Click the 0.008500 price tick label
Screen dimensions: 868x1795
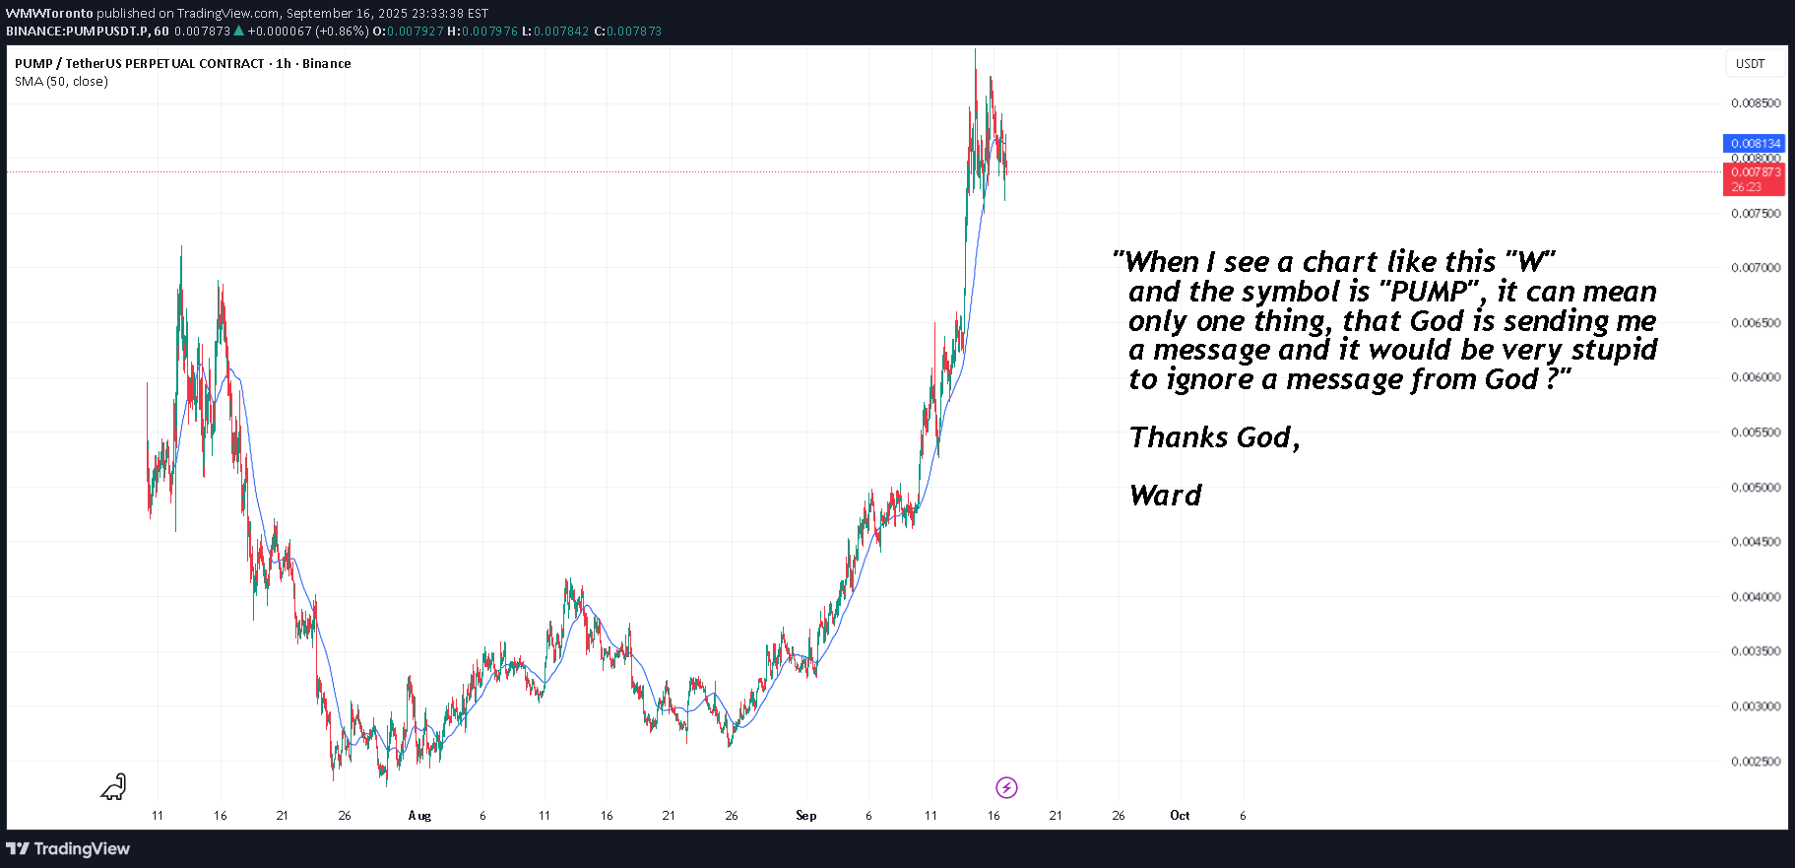(1756, 103)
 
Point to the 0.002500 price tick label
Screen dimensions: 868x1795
(1756, 762)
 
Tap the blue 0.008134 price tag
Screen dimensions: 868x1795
(1756, 144)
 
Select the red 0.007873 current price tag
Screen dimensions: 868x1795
(1756, 172)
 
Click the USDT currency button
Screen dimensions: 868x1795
(1750, 64)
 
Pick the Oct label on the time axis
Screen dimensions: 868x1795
(1180, 816)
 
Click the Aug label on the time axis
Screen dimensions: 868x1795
(419, 816)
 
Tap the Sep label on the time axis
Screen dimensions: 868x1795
(805, 816)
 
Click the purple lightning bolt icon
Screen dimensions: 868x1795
(1006, 787)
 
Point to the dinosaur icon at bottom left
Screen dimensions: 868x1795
(114, 786)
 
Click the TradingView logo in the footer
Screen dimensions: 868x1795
(69, 849)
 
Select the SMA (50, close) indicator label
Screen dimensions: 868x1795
(61, 82)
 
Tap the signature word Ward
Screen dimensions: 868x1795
(1166, 496)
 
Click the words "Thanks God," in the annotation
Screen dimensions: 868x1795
(1214, 437)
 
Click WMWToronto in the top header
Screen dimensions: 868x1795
(49, 14)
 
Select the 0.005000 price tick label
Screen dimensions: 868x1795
(1756, 488)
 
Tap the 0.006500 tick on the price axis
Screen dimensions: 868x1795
(1756, 323)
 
